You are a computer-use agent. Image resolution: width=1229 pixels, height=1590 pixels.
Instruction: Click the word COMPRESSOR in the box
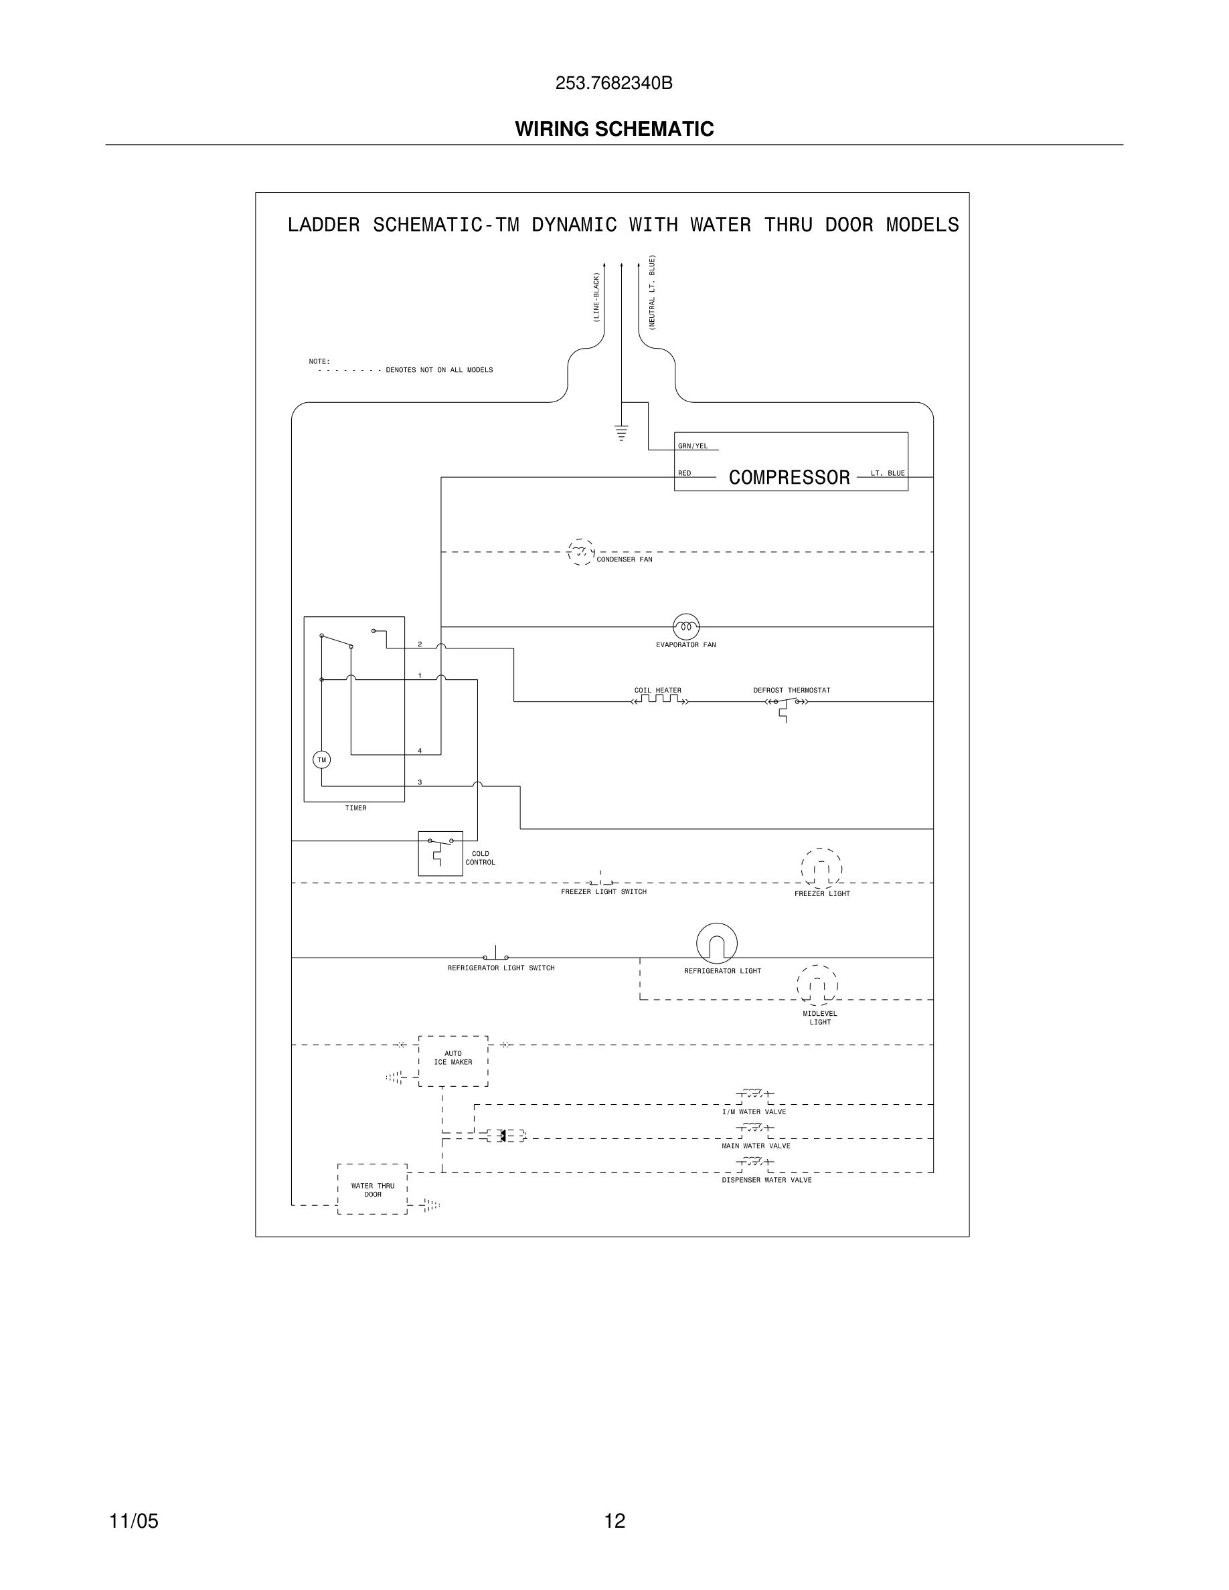[789, 478]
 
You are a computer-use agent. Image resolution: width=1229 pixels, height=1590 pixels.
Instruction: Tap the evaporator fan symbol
[686, 626]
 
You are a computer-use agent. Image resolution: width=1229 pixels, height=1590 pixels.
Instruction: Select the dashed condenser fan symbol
[580, 552]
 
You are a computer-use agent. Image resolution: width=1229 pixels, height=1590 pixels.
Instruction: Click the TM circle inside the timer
[322, 760]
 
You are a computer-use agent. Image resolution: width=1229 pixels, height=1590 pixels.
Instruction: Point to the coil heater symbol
[659, 701]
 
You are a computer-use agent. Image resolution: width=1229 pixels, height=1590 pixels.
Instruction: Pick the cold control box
[440, 853]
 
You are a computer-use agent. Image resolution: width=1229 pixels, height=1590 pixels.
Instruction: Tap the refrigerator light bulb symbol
[716, 944]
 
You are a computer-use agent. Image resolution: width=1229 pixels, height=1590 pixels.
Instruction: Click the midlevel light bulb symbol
[817, 986]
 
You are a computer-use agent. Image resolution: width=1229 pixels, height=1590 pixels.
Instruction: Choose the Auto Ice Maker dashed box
[453, 1061]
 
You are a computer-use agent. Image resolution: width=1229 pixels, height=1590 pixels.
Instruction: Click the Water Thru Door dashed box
[372, 1189]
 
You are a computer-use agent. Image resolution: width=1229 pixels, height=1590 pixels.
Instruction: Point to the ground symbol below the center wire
[621, 433]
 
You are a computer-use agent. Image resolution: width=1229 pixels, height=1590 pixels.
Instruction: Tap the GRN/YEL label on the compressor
[692, 446]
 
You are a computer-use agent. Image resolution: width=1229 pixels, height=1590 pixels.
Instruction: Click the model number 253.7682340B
[614, 84]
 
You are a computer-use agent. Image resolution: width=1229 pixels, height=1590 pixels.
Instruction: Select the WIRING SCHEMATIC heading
[614, 129]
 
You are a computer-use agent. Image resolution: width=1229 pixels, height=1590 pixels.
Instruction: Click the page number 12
[614, 1521]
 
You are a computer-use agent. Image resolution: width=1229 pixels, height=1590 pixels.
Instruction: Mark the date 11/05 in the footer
[133, 1521]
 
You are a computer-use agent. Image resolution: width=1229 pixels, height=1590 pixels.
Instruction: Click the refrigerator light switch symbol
[496, 955]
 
